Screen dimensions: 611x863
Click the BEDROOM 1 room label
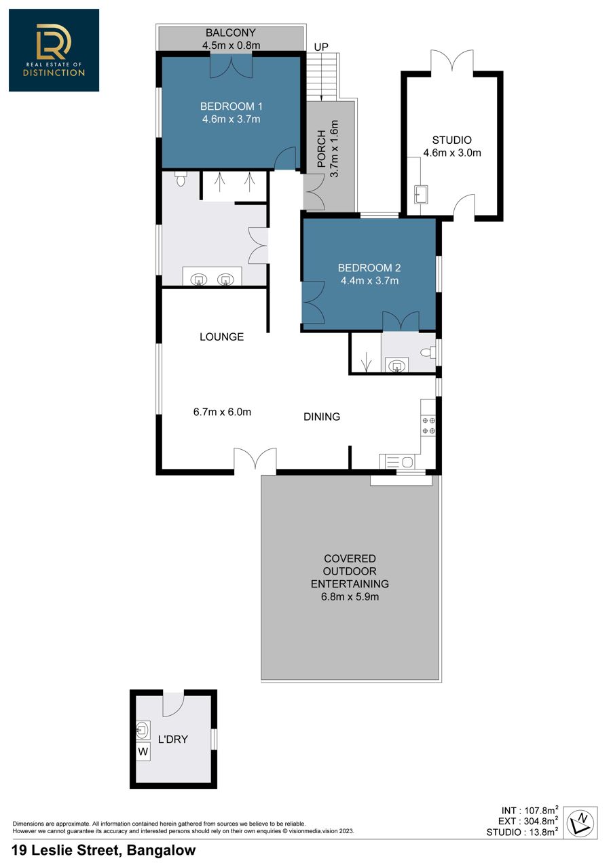point(231,106)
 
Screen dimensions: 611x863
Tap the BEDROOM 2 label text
point(369,267)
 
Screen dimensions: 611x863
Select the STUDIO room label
point(451,140)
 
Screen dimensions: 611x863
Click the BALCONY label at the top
point(231,33)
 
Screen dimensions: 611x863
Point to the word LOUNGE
point(221,337)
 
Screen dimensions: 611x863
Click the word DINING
point(322,417)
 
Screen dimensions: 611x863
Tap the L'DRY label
point(173,739)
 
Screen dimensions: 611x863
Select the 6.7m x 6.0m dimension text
point(222,412)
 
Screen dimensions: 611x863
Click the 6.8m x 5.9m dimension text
point(350,596)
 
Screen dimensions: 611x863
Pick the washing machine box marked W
point(143,751)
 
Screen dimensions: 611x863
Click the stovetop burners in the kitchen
point(428,425)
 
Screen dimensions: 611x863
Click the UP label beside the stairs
point(320,47)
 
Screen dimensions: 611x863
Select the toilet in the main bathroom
point(181,178)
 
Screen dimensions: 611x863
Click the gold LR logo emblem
point(54,41)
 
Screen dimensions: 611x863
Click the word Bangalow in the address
point(161,850)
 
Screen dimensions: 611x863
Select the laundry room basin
point(141,729)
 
